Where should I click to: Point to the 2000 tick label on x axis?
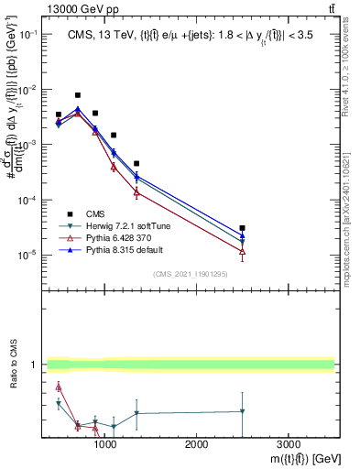[x=196, y=444]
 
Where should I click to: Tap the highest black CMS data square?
[x=78, y=95]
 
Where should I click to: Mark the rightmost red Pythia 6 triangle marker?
[x=242, y=251]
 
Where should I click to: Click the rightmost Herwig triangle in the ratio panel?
[x=242, y=411]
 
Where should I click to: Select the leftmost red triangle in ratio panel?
[x=59, y=387]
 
